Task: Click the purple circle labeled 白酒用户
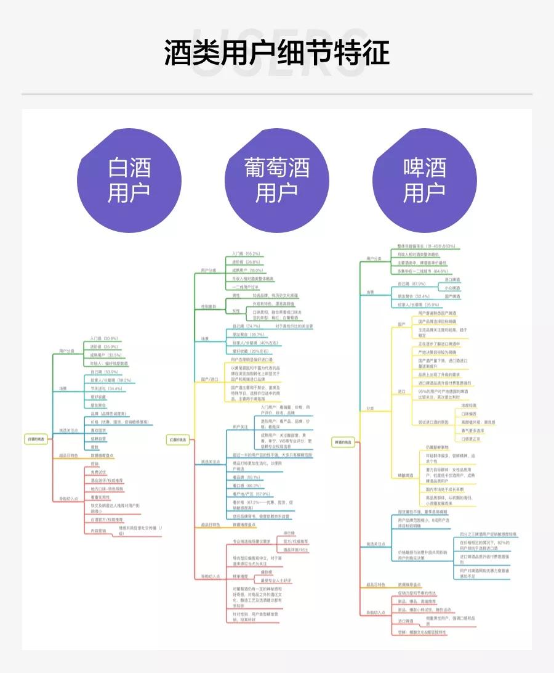pos(129,179)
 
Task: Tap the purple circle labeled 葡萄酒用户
pos(277,179)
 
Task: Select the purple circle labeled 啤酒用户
pos(425,179)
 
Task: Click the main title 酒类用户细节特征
pos(277,53)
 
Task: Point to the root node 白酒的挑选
pos(36,439)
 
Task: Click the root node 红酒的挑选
pos(179,439)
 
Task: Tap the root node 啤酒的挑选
pos(343,442)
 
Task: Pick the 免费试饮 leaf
pos(99,471)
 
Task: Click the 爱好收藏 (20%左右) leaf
pos(250,351)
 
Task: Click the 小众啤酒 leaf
pos(452,288)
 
